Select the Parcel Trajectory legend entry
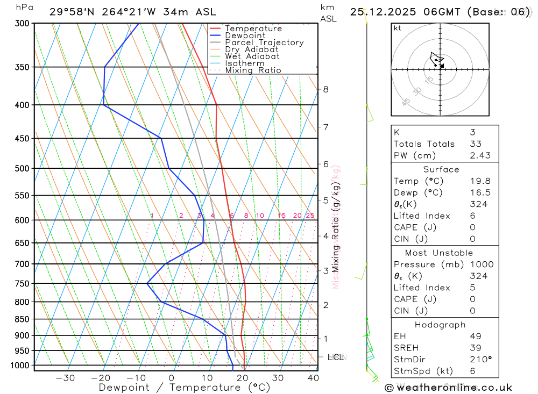(264, 42)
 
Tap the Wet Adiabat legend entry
(252, 56)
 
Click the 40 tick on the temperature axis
(313, 378)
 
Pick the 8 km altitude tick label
(325, 89)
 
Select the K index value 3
(472, 132)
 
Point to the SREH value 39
(475, 348)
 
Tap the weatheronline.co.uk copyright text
(449, 388)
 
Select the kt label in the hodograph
(398, 28)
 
